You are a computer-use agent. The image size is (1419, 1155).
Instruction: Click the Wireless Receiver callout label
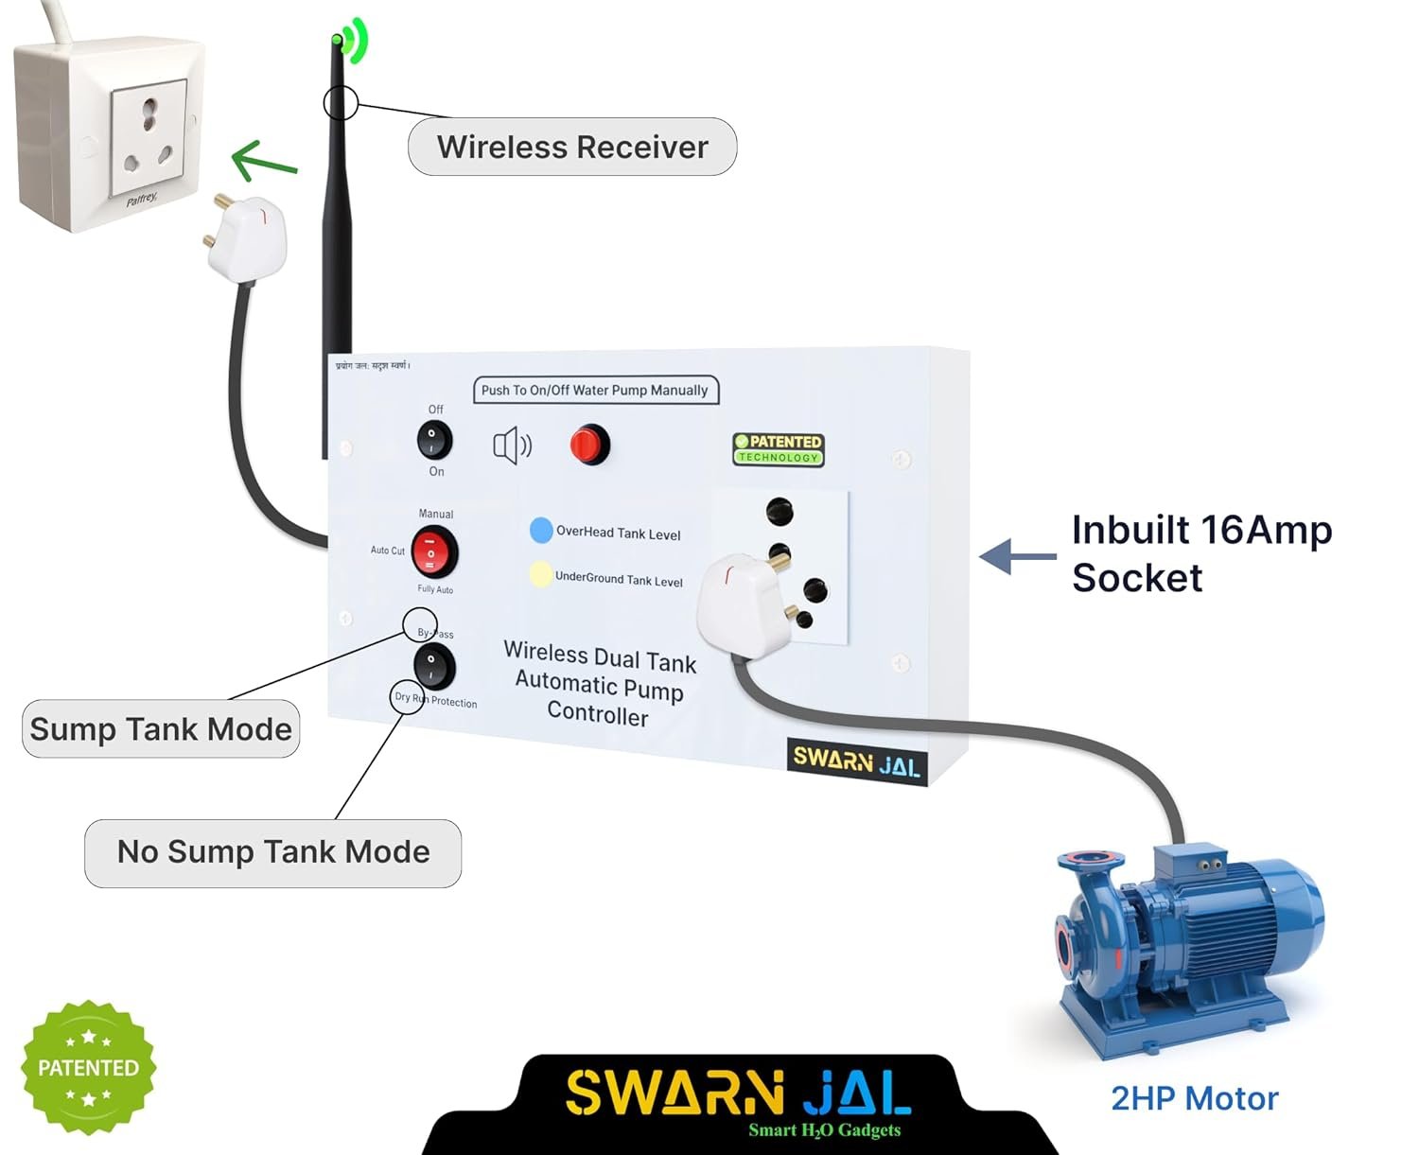[572, 147]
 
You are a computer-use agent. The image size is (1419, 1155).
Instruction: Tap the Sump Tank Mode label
[161, 728]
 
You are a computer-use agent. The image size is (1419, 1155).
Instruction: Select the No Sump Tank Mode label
[273, 852]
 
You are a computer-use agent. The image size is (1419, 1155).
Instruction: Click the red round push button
[589, 445]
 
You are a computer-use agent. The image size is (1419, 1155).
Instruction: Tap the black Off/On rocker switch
[435, 440]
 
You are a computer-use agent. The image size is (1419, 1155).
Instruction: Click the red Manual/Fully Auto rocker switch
[434, 552]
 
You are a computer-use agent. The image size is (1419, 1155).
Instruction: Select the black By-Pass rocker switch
[434, 666]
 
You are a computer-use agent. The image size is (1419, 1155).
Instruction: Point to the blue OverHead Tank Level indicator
[541, 531]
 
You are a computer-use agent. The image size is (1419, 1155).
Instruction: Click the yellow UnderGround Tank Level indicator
[540, 574]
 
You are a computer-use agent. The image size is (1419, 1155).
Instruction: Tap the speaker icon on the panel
[512, 445]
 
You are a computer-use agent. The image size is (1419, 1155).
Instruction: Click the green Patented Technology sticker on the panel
[779, 448]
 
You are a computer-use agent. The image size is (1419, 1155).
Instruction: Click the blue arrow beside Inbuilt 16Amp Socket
[1017, 556]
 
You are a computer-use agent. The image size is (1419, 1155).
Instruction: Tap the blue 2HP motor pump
[1192, 946]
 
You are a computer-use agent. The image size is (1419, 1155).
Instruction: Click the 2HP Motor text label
[1194, 1098]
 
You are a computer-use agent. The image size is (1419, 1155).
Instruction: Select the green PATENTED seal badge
[88, 1068]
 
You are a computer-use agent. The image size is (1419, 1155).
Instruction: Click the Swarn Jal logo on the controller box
[856, 761]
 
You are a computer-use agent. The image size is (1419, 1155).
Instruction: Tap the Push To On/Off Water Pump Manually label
[595, 390]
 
